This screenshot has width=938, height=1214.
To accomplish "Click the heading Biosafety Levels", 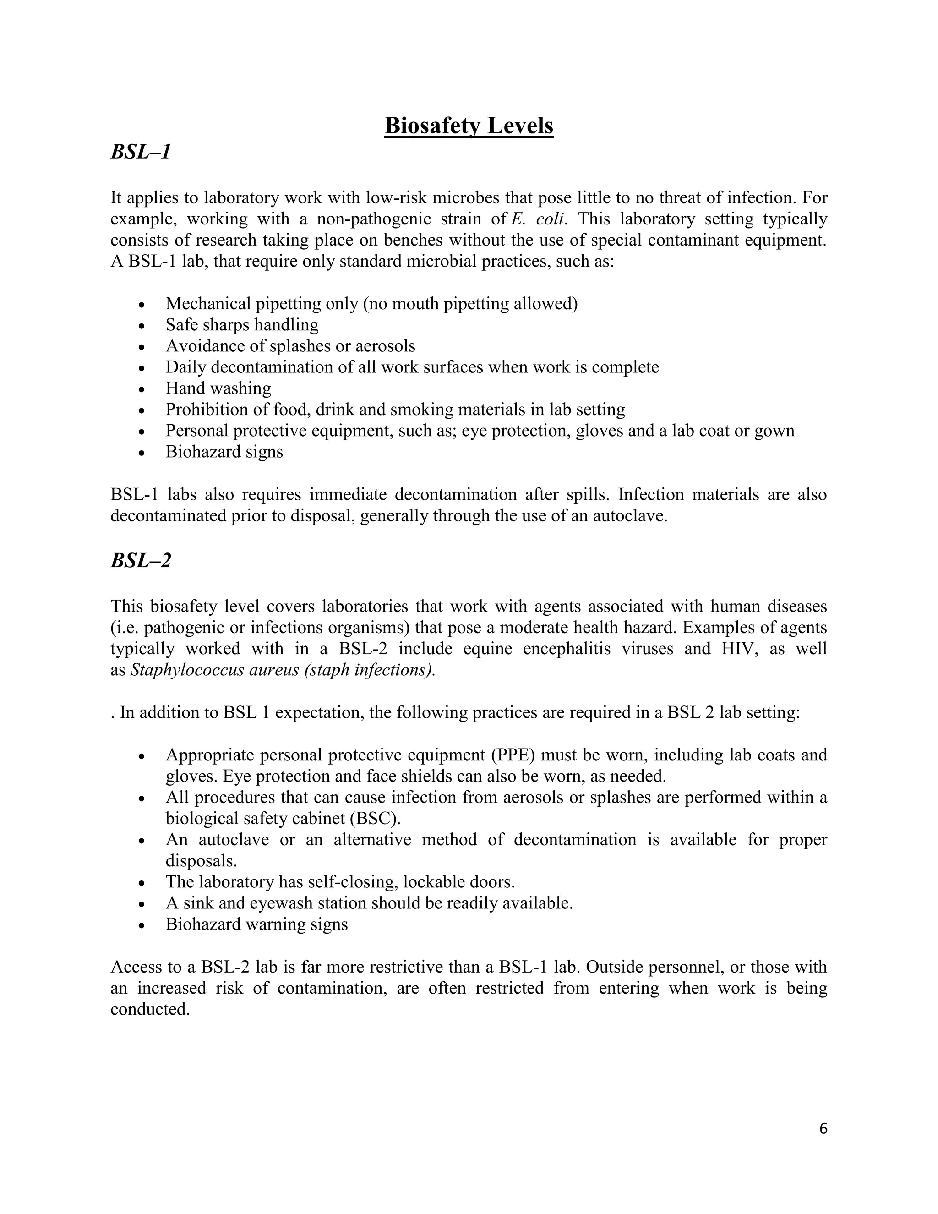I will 469,126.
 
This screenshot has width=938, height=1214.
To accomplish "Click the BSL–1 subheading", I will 141,152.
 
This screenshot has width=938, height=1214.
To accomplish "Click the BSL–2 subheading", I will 141,560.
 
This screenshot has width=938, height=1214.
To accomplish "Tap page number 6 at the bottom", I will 823,1129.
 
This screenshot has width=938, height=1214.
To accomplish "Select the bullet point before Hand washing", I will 142,389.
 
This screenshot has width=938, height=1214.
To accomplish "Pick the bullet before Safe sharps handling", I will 142,326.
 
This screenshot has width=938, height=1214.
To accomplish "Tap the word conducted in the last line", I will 150,1009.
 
